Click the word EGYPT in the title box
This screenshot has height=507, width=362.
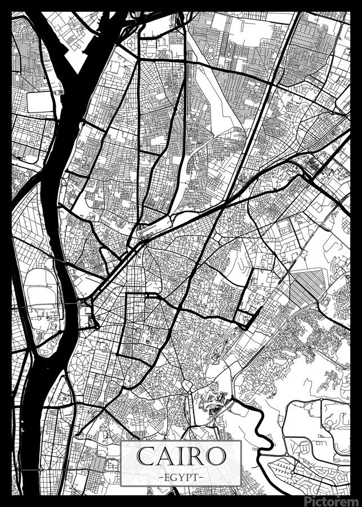coord(181,477)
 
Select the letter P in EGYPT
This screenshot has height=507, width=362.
coord(188,477)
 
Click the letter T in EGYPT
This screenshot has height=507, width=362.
coord(195,477)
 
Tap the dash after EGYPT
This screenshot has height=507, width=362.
coord(201,477)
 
